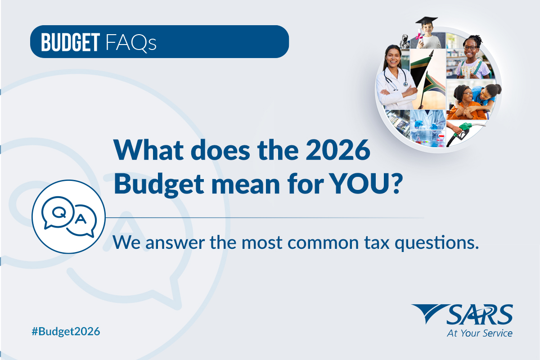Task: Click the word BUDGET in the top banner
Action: pyautogui.click(x=70, y=42)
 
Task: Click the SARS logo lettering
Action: pyautogui.click(x=479, y=315)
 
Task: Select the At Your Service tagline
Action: pyautogui.click(x=479, y=333)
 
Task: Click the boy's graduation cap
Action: pyautogui.click(x=427, y=21)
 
